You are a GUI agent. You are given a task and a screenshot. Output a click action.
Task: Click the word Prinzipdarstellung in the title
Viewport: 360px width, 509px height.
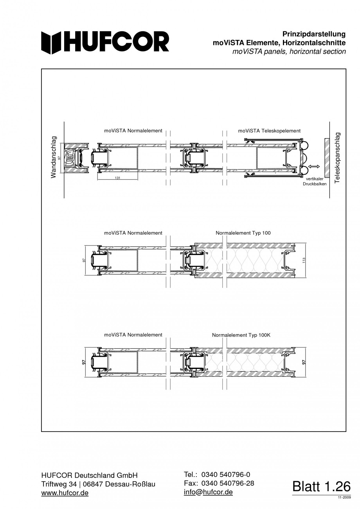(314, 34)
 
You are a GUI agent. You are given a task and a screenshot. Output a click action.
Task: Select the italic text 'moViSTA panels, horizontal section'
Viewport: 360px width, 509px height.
(289, 52)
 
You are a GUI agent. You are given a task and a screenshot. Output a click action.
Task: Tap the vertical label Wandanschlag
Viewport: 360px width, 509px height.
(53, 157)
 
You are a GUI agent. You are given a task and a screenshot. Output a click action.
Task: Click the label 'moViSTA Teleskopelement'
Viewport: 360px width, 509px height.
(269, 131)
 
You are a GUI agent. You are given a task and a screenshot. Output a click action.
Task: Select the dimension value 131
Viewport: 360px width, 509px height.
(117, 178)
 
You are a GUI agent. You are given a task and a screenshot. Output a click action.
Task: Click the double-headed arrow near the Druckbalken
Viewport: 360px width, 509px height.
(314, 167)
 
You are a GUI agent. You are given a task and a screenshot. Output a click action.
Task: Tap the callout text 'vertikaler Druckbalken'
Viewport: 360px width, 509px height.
(315, 181)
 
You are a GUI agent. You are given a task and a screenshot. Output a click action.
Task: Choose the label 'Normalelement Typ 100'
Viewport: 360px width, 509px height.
(243, 233)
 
